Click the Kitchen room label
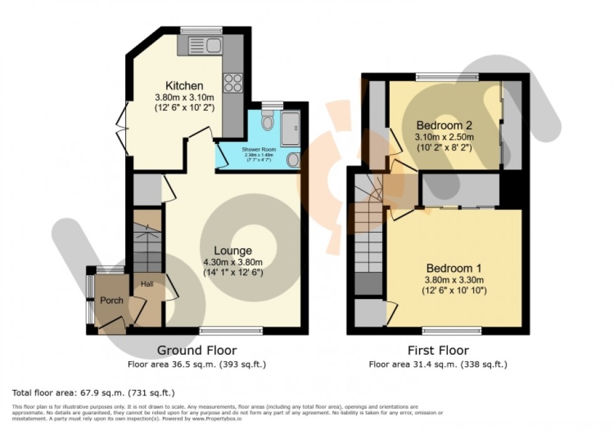[x=184, y=85]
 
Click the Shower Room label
[x=259, y=149]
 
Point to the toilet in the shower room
[x=268, y=120]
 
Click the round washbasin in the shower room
[x=293, y=160]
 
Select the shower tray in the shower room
[x=291, y=128]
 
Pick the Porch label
[x=112, y=300]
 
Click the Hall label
[x=147, y=283]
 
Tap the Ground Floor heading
[x=197, y=350]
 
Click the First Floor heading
[x=437, y=350]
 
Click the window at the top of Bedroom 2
[x=446, y=77]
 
